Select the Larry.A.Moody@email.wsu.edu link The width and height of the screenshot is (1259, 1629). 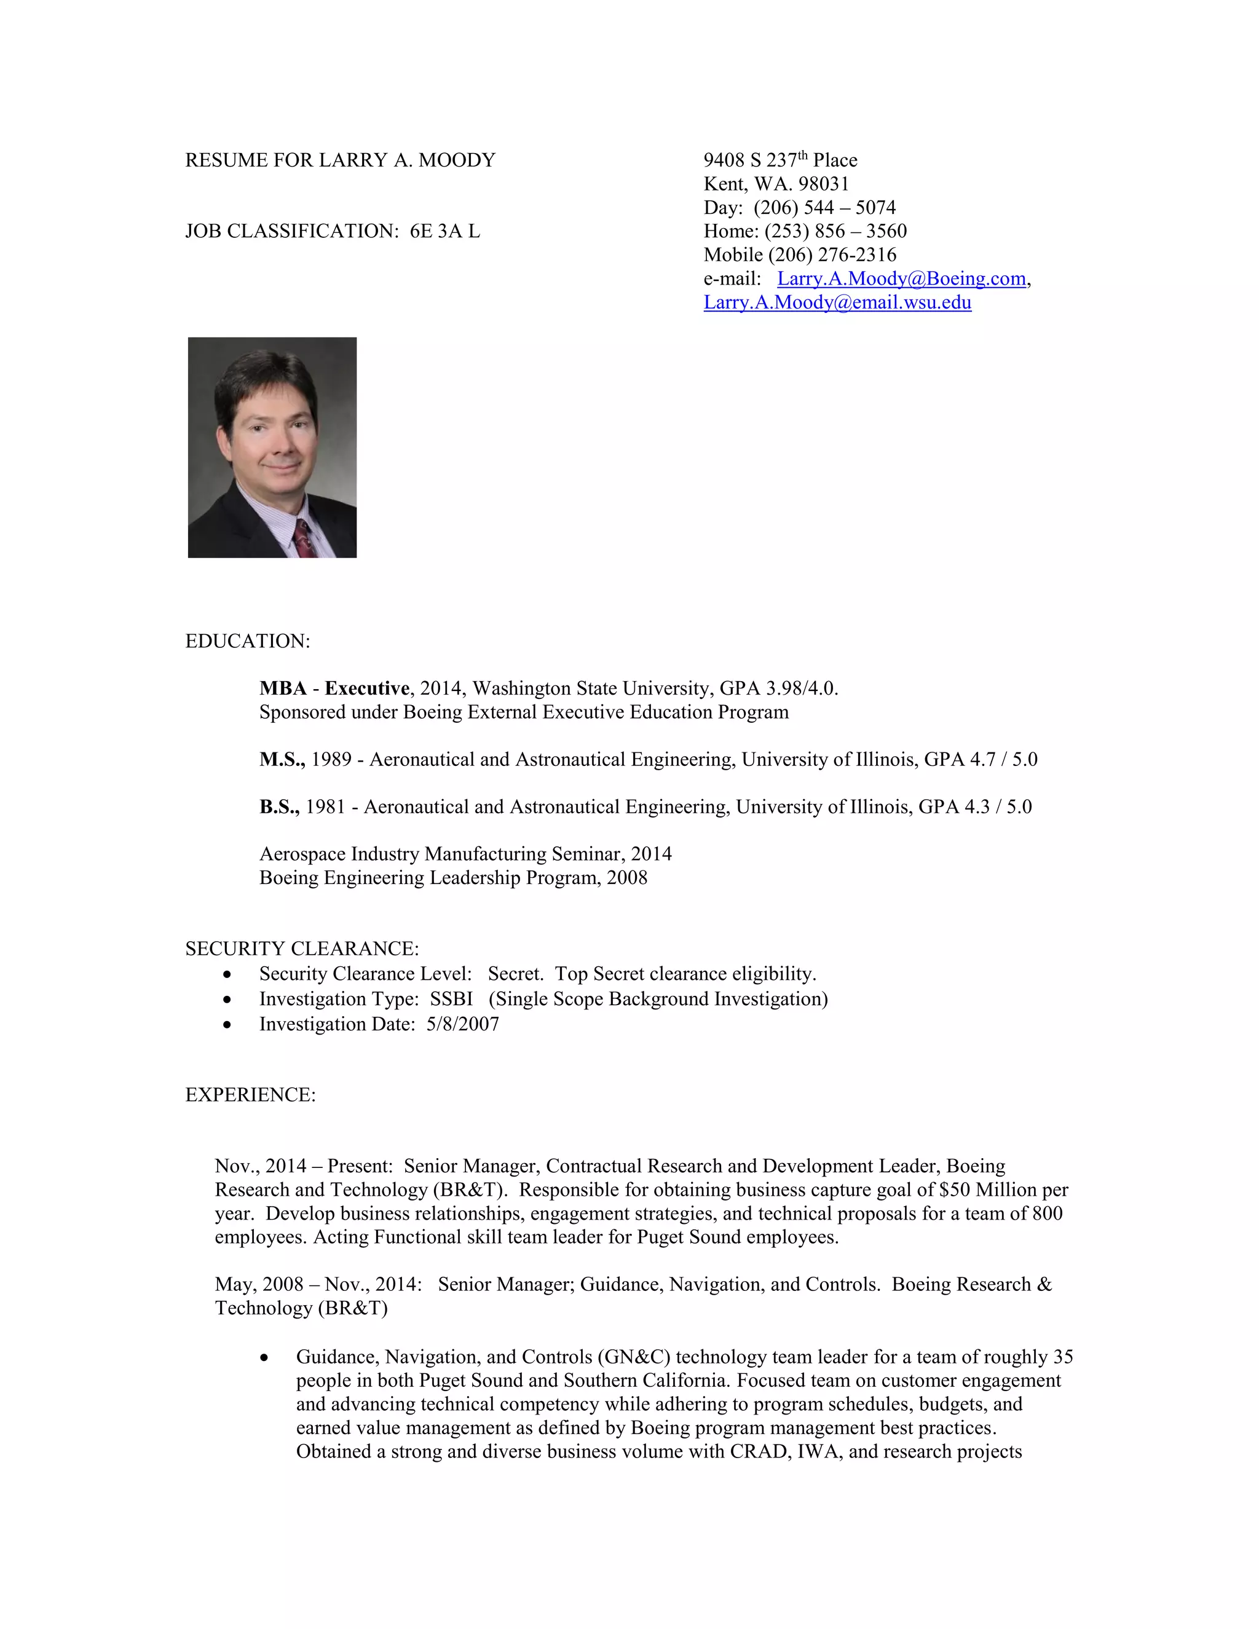pyautogui.click(x=837, y=303)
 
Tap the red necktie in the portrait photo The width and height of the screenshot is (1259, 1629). pyautogui.click(x=304, y=538)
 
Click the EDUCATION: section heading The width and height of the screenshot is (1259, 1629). pyautogui.click(x=248, y=641)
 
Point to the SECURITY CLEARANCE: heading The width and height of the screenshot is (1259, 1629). pyautogui.click(x=302, y=949)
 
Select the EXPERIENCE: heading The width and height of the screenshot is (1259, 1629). pyautogui.click(x=251, y=1095)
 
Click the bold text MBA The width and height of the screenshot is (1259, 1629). pyautogui.click(x=283, y=688)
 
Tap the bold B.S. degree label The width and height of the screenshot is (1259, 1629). pyautogui.click(x=279, y=807)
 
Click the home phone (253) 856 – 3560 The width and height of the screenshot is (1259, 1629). pyautogui.click(x=835, y=231)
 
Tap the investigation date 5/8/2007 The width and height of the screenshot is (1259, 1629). pyautogui.click(x=462, y=1024)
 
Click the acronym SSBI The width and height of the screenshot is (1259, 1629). pyautogui.click(x=451, y=1000)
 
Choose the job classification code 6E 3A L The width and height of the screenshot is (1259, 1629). pyautogui.click(x=444, y=232)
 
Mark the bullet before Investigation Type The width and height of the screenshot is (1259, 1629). pyautogui.click(x=227, y=1000)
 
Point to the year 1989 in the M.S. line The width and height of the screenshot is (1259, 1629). pyautogui.click(x=331, y=760)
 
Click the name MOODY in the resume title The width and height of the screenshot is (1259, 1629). pyautogui.click(x=457, y=160)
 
